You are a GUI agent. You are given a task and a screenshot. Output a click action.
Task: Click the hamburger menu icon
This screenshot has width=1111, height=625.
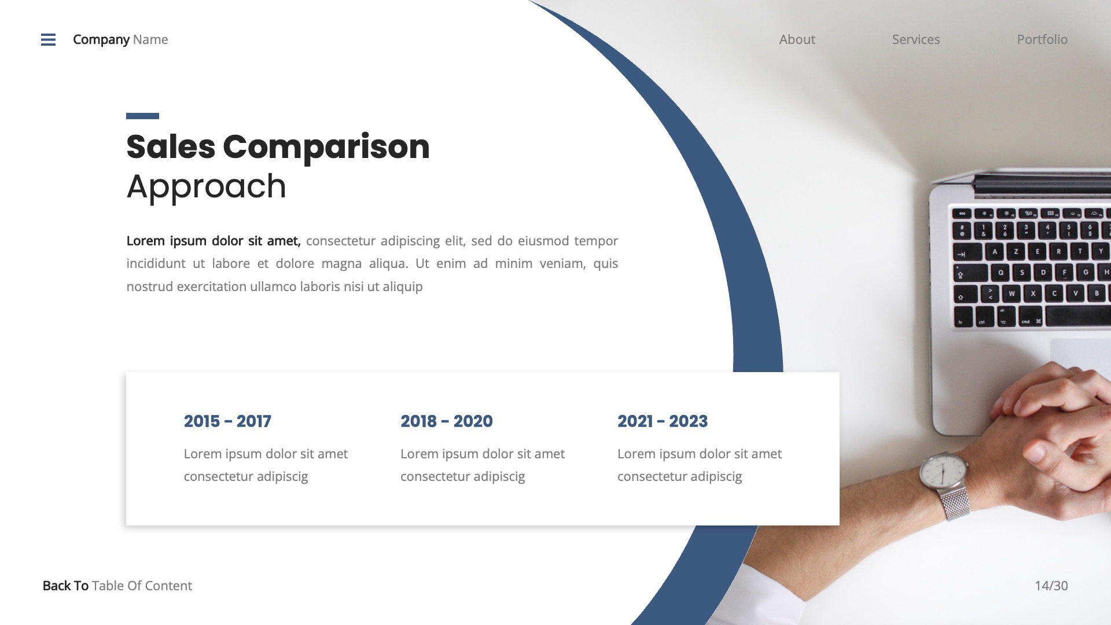coord(49,39)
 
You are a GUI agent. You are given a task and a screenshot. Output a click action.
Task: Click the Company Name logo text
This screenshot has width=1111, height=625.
coord(120,39)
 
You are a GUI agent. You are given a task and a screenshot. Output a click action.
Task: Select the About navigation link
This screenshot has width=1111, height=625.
coord(797,39)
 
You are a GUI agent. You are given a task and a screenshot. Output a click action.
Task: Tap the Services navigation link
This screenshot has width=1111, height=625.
coord(915,39)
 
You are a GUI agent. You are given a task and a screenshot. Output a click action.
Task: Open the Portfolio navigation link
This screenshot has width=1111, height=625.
coord(1042,39)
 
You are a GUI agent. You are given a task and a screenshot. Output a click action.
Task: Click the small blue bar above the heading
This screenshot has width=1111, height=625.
coord(142,116)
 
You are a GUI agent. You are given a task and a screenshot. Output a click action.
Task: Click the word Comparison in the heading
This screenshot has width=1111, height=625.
coord(326,146)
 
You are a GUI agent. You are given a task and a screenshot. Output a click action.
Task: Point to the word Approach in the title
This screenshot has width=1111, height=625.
coord(206,186)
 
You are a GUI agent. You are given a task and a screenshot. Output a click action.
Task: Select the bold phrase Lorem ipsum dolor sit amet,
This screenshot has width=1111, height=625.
coord(213,241)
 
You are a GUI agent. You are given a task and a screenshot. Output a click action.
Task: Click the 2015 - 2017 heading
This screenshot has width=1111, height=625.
coord(227,421)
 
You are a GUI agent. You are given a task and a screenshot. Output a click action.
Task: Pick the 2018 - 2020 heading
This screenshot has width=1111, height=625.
coord(446,421)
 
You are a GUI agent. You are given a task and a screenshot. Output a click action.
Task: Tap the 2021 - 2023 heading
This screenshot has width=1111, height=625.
coord(662,421)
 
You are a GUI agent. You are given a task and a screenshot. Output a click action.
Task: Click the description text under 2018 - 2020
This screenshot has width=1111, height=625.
coord(482,465)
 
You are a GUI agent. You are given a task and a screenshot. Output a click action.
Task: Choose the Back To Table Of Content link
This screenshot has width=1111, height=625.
coord(117,586)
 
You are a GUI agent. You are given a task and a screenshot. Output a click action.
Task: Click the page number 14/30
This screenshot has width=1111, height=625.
coord(1051,586)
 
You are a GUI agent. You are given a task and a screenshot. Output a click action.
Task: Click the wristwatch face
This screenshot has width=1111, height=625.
coord(943,472)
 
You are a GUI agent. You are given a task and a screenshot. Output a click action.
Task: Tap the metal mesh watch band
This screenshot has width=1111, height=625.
coord(953,503)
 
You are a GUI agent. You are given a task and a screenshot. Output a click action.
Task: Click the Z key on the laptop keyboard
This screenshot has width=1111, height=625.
coord(1016,252)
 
